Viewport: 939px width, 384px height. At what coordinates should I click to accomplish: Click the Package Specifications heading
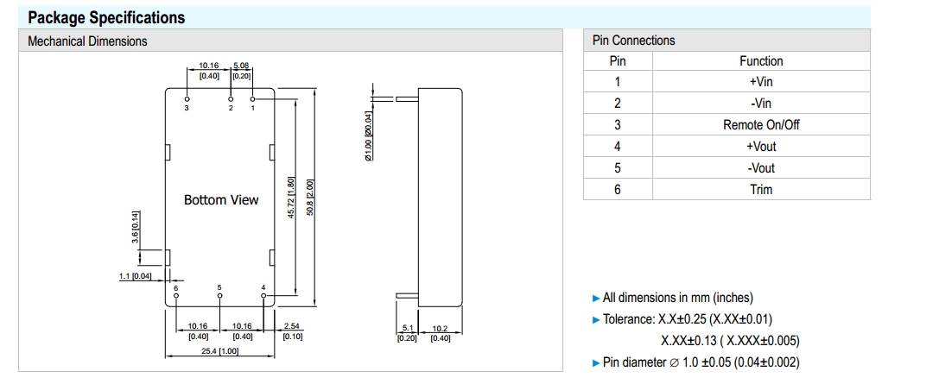106,17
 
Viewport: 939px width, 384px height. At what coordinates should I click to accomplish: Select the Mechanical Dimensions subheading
87,41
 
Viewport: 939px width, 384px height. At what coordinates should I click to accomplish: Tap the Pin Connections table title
633,41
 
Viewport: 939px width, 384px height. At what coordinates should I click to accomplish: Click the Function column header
760,61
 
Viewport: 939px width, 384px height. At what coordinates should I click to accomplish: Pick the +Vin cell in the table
760,82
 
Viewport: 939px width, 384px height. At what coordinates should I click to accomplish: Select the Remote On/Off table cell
760,125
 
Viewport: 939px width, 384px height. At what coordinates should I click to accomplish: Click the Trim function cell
760,190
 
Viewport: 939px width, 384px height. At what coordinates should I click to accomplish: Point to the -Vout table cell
760,168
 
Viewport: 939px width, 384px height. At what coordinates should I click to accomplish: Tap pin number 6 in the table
617,190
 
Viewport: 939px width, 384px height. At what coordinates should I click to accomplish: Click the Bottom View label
221,200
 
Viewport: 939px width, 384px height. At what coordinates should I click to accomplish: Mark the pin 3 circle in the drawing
187,100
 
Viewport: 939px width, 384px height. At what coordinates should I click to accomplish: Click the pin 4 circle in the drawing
263,295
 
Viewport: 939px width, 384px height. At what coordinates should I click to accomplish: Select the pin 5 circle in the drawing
219,295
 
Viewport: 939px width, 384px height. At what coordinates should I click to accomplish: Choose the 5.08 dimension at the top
241,66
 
